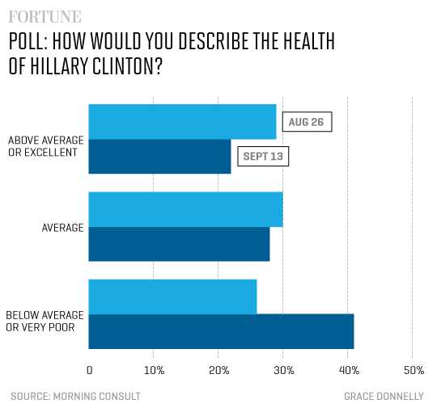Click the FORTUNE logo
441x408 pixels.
click(x=45, y=16)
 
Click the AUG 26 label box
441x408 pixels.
click(x=307, y=122)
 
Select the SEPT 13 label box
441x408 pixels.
click(x=262, y=156)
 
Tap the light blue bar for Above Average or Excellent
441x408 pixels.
click(x=182, y=121)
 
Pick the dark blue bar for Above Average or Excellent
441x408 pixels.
click(x=159, y=156)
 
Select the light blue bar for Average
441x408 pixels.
click(x=185, y=209)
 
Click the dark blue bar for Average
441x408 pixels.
click(x=179, y=244)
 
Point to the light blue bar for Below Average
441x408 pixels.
click(x=172, y=297)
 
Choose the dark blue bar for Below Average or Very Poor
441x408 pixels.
click(x=221, y=331)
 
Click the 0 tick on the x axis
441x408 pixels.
click(x=89, y=370)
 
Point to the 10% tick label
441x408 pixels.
click(x=154, y=370)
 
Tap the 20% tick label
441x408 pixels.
click(x=218, y=370)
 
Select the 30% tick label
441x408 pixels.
click(x=283, y=370)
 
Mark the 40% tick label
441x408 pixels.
click(x=348, y=370)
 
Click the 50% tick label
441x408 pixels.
click(x=413, y=370)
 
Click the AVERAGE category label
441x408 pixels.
click(x=62, y=228)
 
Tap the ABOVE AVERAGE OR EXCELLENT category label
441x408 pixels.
click(x=42, y=146)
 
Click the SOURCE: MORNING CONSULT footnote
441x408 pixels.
click(x=75, y=396)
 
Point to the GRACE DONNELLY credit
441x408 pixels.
click(x=384, y=396)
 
